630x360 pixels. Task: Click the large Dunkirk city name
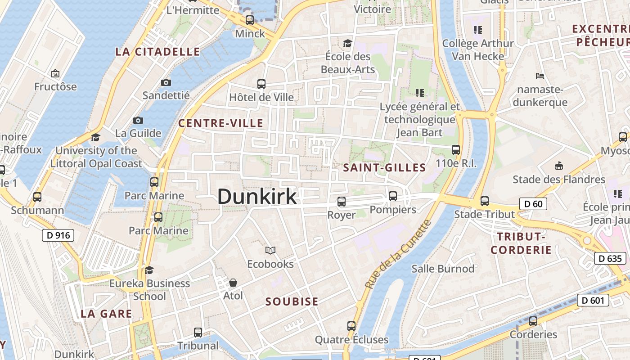tap(257, 197)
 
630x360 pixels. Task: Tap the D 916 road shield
tap(58, 235)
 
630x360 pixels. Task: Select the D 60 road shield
tap(533, 204)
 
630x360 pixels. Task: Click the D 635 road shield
tap(610, 258)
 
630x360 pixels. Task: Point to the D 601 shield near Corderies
tap(593, 300)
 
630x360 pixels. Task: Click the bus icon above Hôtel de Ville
tap(261, 84)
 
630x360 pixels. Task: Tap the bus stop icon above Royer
tap(342, 201)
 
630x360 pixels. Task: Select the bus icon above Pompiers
tap(393, 196)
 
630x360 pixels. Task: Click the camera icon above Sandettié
tap(166, 82)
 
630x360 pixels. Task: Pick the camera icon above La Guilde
tap(138, 120)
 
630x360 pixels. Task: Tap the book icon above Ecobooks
tap(270, 251)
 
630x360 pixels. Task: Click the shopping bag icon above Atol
tap(233, 283)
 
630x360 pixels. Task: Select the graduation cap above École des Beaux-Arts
tap(347, 43)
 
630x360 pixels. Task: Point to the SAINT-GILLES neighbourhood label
tap(384, 168)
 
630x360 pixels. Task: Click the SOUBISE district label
tap(292, 301)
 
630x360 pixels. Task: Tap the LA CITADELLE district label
tap(157, 52)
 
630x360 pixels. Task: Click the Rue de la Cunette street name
tap(398, 254)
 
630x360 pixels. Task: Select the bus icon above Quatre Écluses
tap(351, 326)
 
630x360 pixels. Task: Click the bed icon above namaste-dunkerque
tap(540, 76)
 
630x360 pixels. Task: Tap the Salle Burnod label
tap(443, 269)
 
